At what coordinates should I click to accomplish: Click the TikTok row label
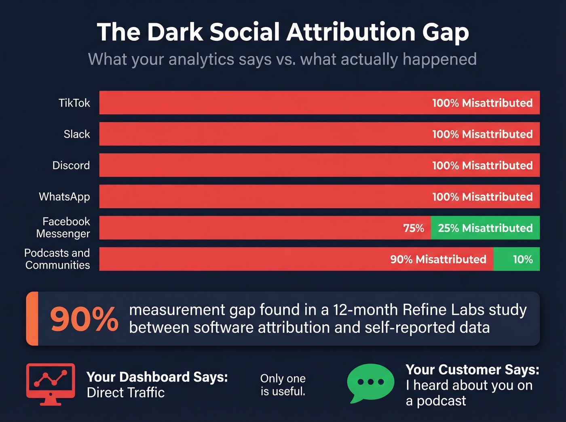(x=74, y=103)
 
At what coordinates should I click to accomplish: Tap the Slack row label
(x=77, y=134)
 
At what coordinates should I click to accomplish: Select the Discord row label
(x=71, y=166)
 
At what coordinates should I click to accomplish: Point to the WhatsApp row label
(x=64, y=197)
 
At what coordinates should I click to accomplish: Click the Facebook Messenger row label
(x=63, y=227)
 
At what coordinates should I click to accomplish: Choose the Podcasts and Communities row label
(x=57, y=259)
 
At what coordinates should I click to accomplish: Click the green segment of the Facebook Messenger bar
(x=485, y=228)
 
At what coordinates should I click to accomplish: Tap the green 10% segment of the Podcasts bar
(x=516, y=259)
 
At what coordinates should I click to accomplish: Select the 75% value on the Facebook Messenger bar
(x=414, y=228)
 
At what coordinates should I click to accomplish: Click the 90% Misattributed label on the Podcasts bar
(x=438, y=259)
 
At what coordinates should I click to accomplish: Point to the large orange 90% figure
(x=84, y=319)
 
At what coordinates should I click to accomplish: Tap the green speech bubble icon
(x=370, y=382)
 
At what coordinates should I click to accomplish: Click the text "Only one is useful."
(x=283, y=384)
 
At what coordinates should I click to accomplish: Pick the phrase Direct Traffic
(x=126, y=393)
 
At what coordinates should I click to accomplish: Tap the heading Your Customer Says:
(x=472, y=370)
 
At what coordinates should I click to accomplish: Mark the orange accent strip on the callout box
(x=33, y=319)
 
